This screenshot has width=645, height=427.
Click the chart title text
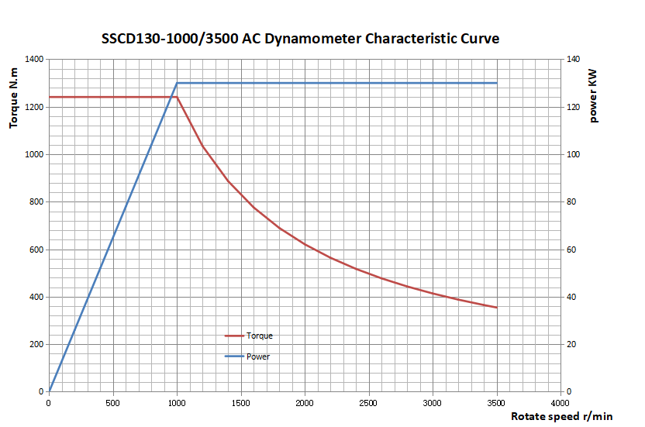tap(300, 38)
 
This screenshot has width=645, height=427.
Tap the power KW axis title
tap(593, 95)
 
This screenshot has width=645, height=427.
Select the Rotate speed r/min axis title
tap(561, 416)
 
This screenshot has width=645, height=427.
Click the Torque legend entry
tap(259, 336)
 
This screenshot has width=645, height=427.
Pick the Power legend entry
tap(257, 356)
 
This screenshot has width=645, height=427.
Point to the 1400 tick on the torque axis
tap(33, 59)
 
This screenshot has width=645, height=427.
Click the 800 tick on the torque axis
tap(36, 201)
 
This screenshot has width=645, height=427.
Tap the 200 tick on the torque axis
tap(36, 344)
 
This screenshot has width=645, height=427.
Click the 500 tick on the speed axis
tap(112, 403)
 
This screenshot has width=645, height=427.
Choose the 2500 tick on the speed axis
tap(368, 403)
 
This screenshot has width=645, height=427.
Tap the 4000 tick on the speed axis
tap(560, 403)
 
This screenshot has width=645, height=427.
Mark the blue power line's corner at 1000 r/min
tap(177, 83)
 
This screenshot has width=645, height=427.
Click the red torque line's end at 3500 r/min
tap(496, 308)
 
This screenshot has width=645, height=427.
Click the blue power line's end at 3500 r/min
tap(496, 83)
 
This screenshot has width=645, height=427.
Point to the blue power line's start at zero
tap(49, 391)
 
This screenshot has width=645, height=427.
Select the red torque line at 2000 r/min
tap(305, 244)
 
